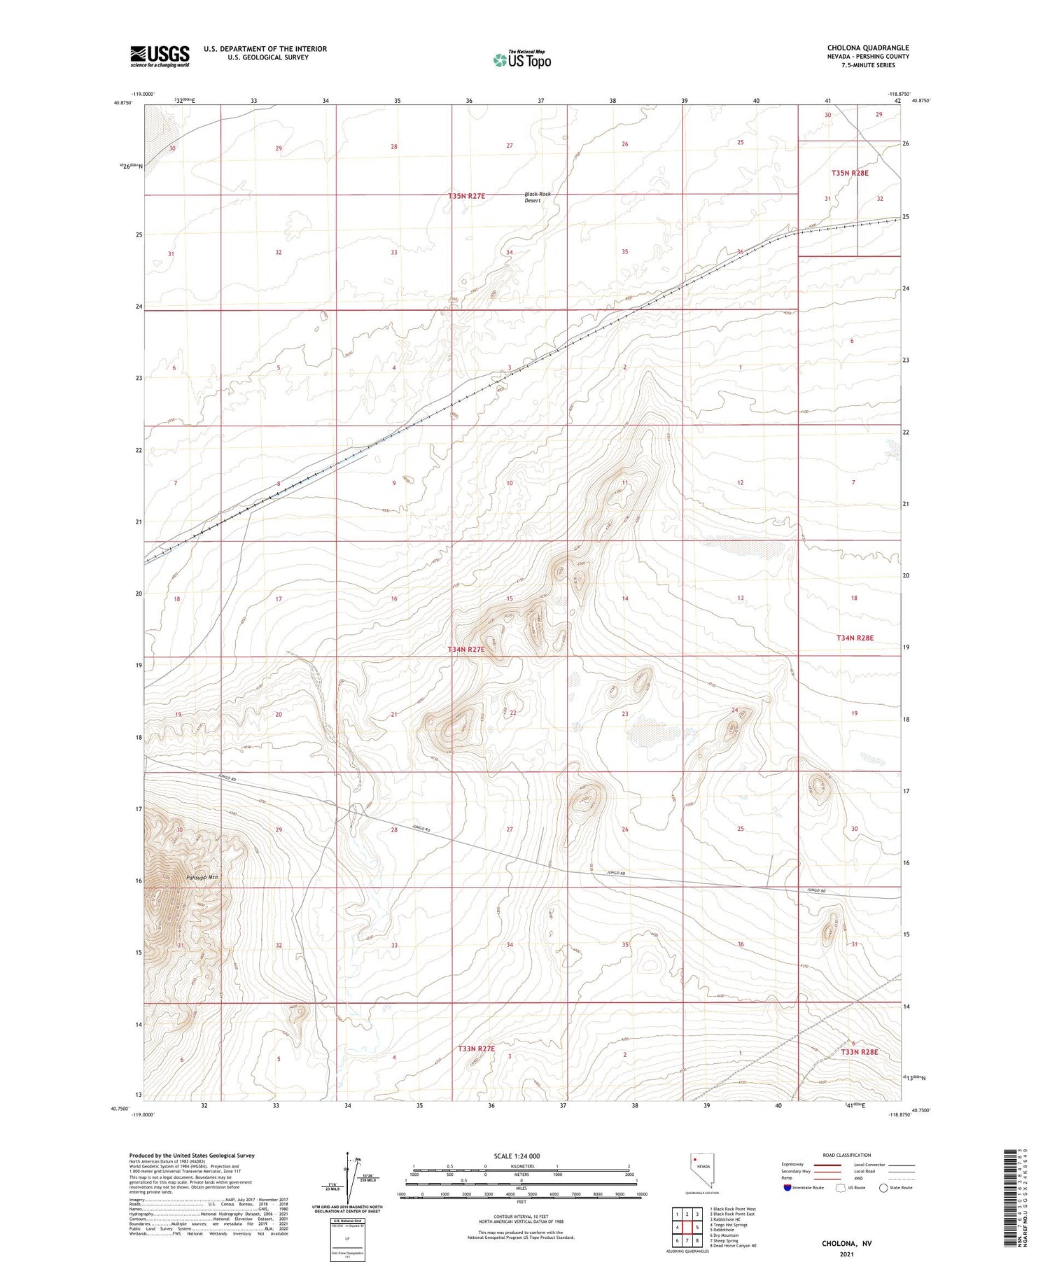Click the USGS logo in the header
pyautogui.click(x=160, y=56)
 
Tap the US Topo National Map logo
pyautogui.click(x=521, y=60)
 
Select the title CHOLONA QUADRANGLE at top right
pyautogui.click(x=868, y=48)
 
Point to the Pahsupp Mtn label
pyautogui.click(x=203, y=877)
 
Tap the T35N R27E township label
pyautogui.click(x=466, y=196)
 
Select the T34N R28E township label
pyautogui.click(x=855, y=638)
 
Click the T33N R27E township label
pyautogui.click(x=476, y=1049)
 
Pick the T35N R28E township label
pyautogui.click(x=850, y=172)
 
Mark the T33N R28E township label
pyautogui.click(x=859, y=1052)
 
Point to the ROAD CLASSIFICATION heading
pyautogui.click(x=847, y=1155)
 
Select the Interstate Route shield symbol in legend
pyautogui.click(x=788, y=1188)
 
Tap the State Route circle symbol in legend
pyautogui.click(x=883, y=1188)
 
